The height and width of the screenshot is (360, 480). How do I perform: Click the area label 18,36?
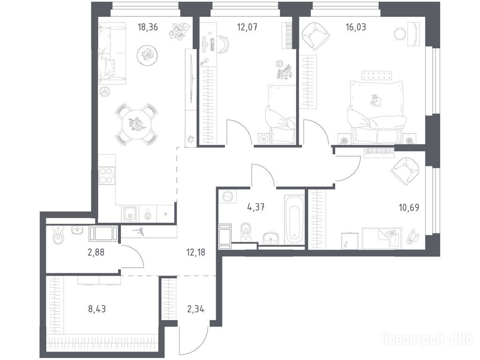pos(148,27)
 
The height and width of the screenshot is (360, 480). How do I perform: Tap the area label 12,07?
pos(247,27)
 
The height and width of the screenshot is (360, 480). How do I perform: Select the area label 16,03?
pos(356,27)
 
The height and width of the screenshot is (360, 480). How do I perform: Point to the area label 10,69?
pos(409,208)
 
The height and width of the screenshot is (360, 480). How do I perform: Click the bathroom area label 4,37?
pos(256,207)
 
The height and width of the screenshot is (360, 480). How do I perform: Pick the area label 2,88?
pos(96,253)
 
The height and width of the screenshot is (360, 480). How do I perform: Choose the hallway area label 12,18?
pos(195,253)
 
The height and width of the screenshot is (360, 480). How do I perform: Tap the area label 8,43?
pos(97,309)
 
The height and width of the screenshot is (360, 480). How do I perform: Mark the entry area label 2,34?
pos(195,309)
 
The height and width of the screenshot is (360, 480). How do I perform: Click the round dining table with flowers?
pos(134,124)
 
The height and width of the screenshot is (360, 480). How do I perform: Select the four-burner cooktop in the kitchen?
pos(107,176)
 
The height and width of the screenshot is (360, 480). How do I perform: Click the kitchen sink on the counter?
pos(130,213)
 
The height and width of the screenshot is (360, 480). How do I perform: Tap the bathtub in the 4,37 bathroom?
pos(294,219)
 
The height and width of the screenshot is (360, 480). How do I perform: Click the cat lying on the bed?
pos(375,100)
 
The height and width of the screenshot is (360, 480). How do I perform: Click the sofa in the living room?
pos(112,53)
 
